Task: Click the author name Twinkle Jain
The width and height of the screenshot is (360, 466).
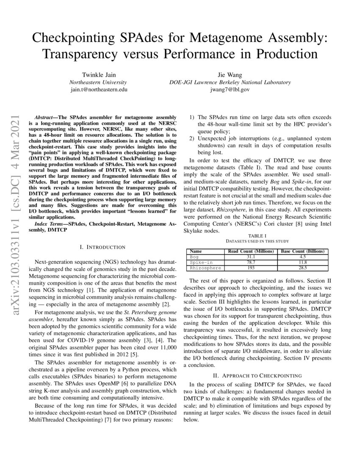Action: pos(98,75)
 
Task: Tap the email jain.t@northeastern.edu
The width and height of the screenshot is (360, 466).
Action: pos(98,90)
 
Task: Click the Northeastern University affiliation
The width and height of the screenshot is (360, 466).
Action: pos(98,82)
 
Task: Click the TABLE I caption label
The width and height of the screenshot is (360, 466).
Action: pos(258,235)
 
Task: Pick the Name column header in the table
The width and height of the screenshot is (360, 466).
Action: pos(196,251)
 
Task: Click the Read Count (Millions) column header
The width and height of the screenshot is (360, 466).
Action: pos(251,251)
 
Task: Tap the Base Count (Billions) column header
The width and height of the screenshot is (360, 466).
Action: pos(303,251)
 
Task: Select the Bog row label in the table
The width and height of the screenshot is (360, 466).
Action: pos(194,257)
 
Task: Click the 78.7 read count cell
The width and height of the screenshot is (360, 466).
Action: pos(251,262)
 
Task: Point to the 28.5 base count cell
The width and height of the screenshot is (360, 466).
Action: pos(303,268)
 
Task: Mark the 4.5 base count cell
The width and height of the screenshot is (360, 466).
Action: pos(303,257)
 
